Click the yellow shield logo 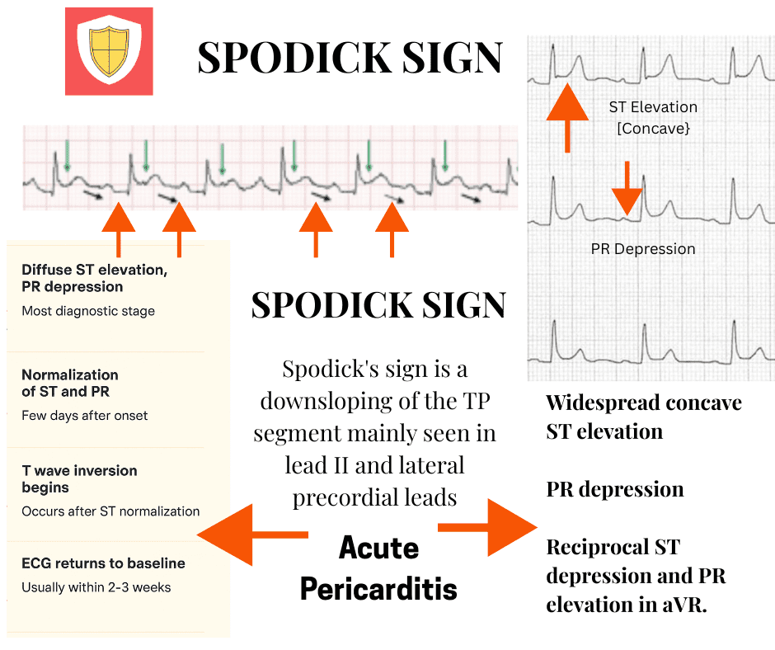click(110, 52)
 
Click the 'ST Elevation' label click(653, 107)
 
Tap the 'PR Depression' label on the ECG click(643, 249)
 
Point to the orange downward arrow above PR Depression click(627, 190)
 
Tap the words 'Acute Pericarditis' click(378, 568)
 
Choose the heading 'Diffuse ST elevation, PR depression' click(95, 278)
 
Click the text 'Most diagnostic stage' click(88, 311)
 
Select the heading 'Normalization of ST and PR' click(70, 383)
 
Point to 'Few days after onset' click(85, 416)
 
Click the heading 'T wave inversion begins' click(79, 478)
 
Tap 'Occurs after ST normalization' click(110, 511)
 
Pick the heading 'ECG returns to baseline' click(103, 563)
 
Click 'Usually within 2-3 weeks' click(96, 588)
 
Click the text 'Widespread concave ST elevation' click(644, 417)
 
